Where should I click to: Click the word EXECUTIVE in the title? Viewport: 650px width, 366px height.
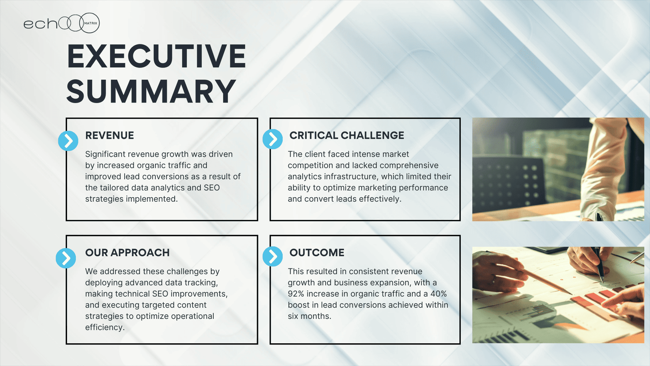point(156,56)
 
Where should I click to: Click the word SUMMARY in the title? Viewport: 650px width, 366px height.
point(151,91)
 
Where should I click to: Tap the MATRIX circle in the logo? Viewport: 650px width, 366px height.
point(90,23)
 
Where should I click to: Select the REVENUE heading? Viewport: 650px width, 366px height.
point(109,135)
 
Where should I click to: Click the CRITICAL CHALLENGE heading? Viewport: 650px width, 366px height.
point(347,135)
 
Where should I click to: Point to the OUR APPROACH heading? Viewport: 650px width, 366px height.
point(128,253)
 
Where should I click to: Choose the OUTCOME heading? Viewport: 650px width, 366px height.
point(317,253)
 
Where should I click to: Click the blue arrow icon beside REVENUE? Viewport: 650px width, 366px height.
point(68,141)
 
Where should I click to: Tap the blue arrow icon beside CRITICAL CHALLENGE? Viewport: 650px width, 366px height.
point(273,139)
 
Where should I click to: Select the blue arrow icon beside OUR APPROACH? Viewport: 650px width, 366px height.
point(66,258)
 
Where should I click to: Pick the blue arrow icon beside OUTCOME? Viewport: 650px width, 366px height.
point(273,257)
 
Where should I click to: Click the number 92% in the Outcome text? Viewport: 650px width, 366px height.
point(296,294)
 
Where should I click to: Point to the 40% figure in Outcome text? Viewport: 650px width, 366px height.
point(439,294)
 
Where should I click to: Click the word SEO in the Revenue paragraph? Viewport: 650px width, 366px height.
point(212,187)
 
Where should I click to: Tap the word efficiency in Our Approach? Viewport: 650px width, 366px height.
point(105,327)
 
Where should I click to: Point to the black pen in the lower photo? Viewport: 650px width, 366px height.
point(600,265)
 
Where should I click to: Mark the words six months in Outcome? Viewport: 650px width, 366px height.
point(309,316)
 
